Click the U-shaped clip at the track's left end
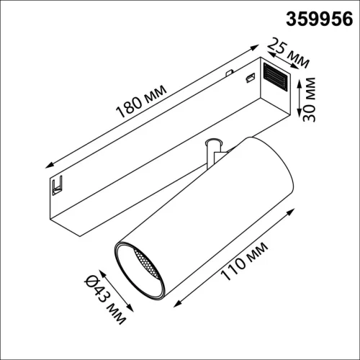pos(56,186)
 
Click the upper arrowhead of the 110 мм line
pos(294,210)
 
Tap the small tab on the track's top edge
pos(229,72)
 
